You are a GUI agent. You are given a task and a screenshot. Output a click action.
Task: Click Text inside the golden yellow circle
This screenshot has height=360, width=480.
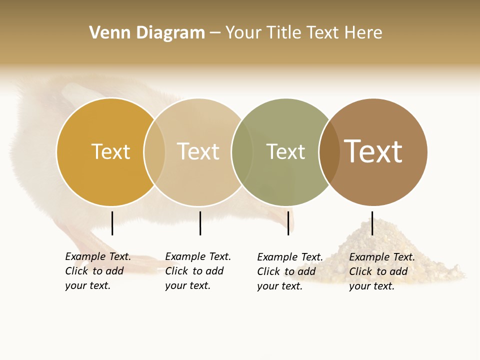110,151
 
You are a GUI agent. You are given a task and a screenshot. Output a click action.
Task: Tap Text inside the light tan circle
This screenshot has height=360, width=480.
198,151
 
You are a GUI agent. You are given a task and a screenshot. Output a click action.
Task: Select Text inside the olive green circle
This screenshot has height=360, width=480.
285,151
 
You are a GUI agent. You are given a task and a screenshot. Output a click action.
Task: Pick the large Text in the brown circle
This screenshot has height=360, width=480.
373,151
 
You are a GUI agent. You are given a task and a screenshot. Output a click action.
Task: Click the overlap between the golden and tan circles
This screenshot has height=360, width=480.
154,152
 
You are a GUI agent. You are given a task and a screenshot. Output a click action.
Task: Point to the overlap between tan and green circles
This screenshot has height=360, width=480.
242,152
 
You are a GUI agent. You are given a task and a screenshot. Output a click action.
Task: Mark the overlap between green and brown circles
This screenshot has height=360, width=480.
329,152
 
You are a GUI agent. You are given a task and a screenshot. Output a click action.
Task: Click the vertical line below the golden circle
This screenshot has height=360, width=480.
112,223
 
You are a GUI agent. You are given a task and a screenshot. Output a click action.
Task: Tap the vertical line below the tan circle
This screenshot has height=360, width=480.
200,223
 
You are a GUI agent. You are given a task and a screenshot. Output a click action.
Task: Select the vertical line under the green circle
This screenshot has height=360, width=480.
288,223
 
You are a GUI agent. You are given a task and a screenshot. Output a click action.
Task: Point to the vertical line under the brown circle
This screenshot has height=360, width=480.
372,223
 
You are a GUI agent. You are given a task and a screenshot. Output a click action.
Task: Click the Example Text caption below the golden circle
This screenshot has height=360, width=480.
98,271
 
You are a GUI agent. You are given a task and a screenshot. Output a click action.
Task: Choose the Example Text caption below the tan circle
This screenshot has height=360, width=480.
198,271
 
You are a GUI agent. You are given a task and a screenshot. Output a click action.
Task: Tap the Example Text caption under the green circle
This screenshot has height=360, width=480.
290,271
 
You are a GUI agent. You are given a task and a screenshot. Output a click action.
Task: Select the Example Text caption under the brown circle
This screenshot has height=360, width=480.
382,271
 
